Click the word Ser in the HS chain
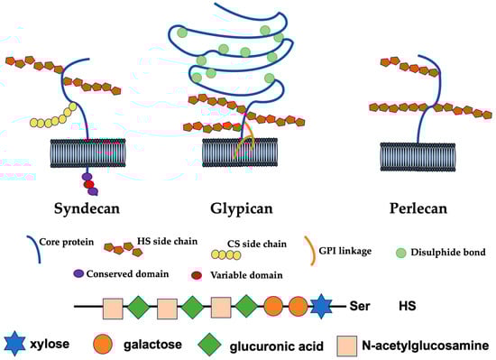(x=359, y=306)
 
